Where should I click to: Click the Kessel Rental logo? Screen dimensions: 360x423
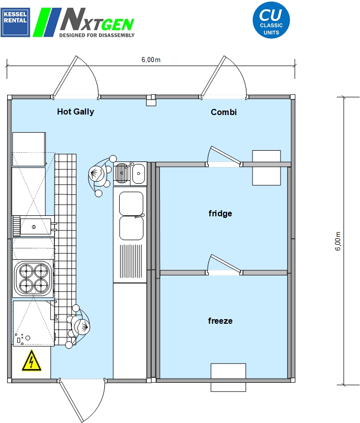tap(15, 22)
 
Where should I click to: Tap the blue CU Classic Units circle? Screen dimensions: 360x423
tap(271, 20)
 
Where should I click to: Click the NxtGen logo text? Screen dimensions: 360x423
tap(97, 22)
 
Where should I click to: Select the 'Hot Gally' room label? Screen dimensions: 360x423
tap(75, 111)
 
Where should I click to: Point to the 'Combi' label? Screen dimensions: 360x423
tap(224, 112)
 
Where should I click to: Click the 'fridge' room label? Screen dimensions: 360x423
tap(220, 213)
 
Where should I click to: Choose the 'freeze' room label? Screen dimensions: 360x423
tap(220, 321)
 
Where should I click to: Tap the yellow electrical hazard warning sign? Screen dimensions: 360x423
tap(32, 361)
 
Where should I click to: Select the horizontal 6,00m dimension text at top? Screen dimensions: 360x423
tap(151, 60)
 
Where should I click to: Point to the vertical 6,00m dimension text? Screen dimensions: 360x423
tap(338, 241)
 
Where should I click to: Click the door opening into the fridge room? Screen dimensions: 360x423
tap(224, 156)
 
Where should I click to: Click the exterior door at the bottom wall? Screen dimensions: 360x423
tap(82, 399)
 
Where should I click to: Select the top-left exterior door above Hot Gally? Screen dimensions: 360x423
tap(76, 77)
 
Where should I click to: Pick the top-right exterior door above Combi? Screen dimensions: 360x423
tap(224, 77)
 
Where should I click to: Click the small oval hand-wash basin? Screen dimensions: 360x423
tap(139, 174)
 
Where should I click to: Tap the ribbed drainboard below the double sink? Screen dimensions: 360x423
tap(131, 261)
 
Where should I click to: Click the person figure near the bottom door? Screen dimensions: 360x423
tap(78, 327)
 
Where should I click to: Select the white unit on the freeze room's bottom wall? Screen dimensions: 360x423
tap(228, 377)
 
